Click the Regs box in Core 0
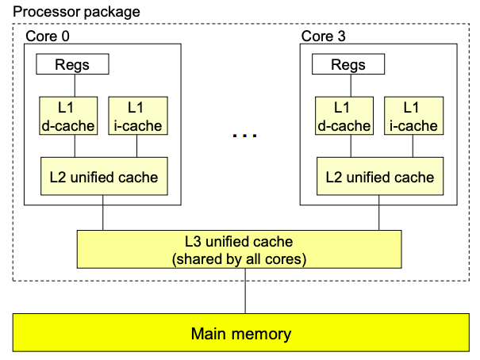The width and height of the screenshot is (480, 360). click(x=72, y=65)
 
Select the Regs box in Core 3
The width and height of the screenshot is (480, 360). click(x=348, y=65)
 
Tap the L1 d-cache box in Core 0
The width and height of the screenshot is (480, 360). click(x=67, y=116)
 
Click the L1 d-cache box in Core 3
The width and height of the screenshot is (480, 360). click(x=343, y=116)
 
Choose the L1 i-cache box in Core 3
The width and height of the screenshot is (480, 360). click(x=410, y=116)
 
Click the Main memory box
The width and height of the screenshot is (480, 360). click(x=241, y=333)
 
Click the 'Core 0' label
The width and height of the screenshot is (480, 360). click(x=52, y=36)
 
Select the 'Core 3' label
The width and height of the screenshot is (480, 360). click(x=324, y=36)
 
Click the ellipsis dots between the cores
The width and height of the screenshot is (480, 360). click(x=244, y=136)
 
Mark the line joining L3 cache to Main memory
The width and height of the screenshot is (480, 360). click(x=244, y=291)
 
